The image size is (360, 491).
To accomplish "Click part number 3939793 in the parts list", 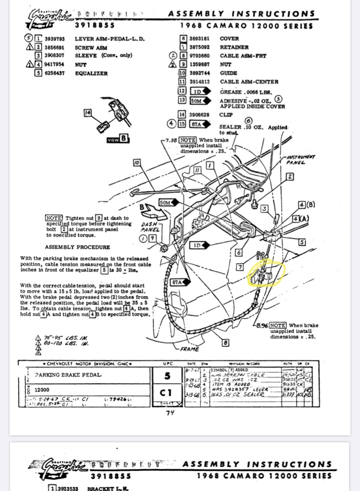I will coord(54,39).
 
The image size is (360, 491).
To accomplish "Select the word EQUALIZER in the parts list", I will coord(91,73).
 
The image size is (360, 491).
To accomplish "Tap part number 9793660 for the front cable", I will coord(200,56).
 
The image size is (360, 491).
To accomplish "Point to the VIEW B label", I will coord(118,139).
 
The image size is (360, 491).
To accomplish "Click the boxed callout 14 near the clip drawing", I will coord(88,113).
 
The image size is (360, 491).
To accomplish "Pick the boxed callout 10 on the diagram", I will coord(137,162).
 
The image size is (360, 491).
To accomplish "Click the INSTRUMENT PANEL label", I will coord(300,160).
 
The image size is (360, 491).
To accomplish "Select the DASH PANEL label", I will coord(150,227).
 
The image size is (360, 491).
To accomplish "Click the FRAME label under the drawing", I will coord(190,349).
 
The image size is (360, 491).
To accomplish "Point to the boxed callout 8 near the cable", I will coord(225,343).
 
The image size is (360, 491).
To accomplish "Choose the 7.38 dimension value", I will coord(170,141).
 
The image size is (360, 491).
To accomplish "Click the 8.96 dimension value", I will coord(261,325).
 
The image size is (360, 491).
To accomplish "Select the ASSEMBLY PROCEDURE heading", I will coord(77,247).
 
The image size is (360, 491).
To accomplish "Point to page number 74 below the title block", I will coord(170,413).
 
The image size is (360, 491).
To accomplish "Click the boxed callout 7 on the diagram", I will coord(240,267).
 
